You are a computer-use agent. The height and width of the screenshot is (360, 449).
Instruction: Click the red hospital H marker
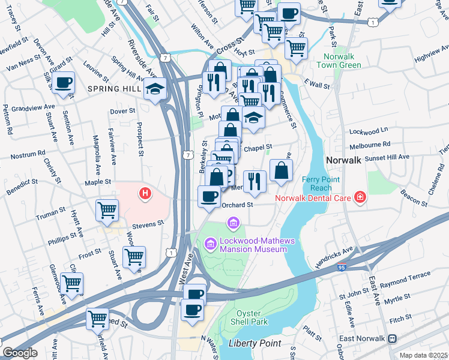(x=144, y=193)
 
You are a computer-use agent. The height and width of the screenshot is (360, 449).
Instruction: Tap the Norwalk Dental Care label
(x=312, y=197)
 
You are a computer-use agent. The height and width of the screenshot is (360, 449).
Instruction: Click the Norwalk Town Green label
(x=339, y=61)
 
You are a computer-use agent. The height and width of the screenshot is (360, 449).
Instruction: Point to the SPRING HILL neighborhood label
(x=113, y=89)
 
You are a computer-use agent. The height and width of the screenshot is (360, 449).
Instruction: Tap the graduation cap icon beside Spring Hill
(x=155, y=89)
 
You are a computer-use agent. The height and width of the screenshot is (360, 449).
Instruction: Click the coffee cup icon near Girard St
(x=63, y=83)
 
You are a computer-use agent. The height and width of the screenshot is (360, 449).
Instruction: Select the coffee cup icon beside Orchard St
(x=209, y=197)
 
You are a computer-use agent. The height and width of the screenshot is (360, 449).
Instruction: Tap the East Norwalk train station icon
(x=393, y=338)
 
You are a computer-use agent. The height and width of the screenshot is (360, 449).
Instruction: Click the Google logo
(x=20, y=353)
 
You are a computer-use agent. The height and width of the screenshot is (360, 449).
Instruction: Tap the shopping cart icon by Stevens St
(x=107, y=211)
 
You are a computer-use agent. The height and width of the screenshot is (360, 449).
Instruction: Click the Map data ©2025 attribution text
(x=423, y=355)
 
